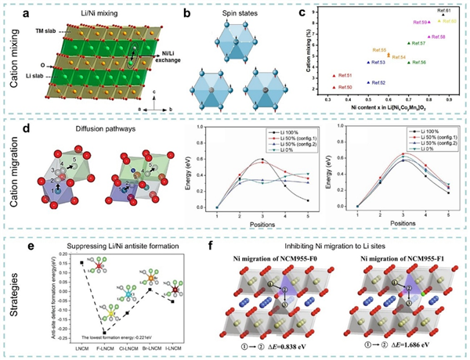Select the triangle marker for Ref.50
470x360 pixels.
click(334, 87)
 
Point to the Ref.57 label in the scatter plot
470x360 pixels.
click(417, 43)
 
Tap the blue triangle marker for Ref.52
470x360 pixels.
click(369, 82)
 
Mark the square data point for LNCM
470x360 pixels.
click(81, 263)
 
